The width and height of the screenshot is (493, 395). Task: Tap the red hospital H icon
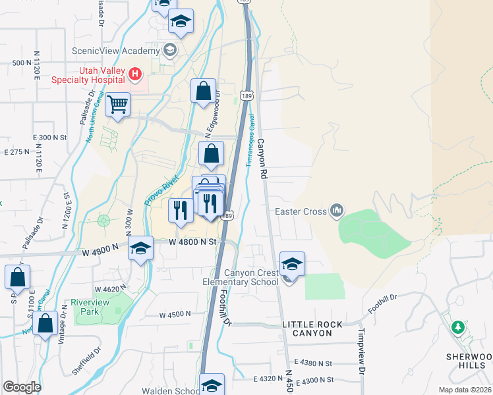point(135,74)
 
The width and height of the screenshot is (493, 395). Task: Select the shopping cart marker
point(117,104)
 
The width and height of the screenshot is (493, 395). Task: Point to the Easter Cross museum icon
point(337,211)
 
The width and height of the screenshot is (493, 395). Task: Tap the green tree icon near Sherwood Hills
point(457,327)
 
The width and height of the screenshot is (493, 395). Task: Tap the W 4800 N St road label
point(192,242)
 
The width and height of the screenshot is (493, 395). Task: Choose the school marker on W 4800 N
point(140,250)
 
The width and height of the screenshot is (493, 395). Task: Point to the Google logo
point(22,387)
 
